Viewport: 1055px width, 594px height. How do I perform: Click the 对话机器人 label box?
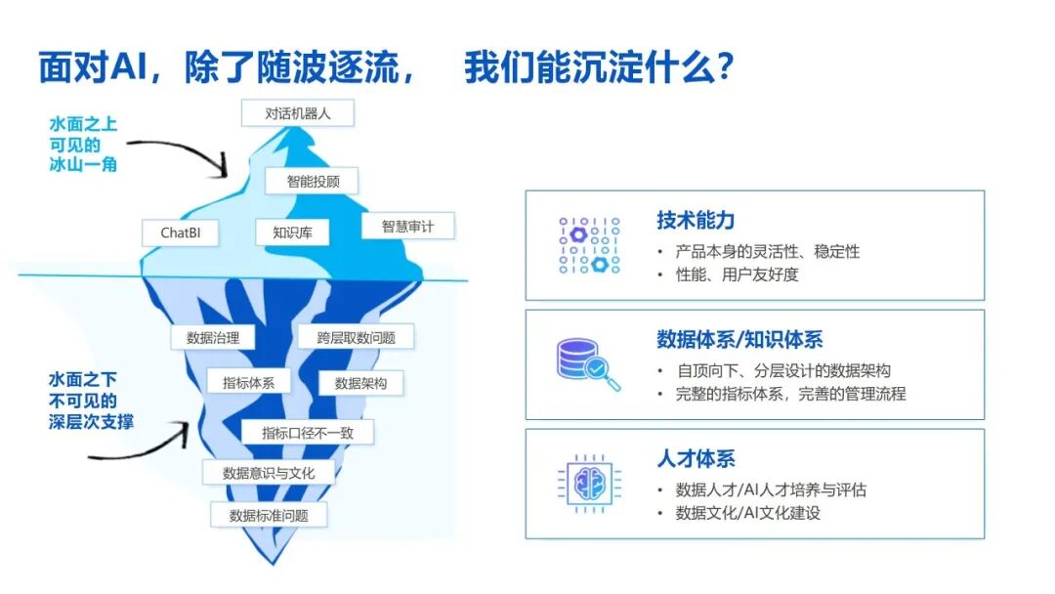297,113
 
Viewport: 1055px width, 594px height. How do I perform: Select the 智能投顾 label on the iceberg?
312,181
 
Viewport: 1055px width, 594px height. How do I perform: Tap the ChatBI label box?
181,233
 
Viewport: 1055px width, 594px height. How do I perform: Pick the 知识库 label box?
292,233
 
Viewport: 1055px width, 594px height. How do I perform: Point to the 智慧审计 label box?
407,226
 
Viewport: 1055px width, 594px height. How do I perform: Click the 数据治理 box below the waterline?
213,338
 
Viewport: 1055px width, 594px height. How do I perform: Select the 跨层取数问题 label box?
356,338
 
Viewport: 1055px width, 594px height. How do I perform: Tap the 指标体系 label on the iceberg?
248,383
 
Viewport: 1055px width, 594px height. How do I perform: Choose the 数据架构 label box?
360,383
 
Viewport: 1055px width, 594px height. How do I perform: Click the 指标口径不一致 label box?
308,433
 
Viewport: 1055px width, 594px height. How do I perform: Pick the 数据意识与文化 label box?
269,473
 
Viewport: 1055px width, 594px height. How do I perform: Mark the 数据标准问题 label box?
269,515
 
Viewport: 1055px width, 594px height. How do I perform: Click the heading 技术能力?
696,220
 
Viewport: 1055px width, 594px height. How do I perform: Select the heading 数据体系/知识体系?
739,339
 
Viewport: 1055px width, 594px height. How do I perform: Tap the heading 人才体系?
696,458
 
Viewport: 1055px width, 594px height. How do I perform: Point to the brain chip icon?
589,483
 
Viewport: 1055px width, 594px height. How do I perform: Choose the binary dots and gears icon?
589,245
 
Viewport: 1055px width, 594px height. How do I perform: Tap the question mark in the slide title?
724,66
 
